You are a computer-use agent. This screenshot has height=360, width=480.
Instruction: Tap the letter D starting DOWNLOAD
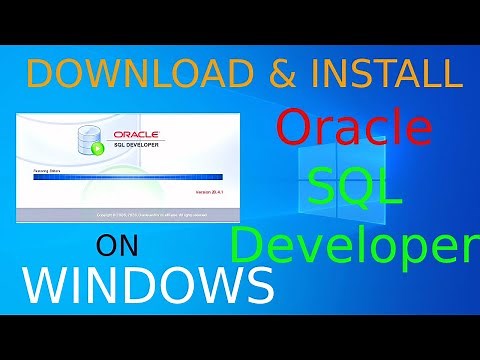pyautogui.click(x=39, y=77)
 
